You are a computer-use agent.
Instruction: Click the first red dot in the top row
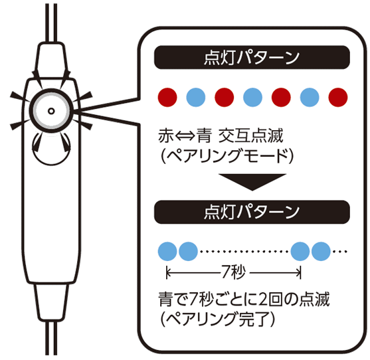(x=167, y=97)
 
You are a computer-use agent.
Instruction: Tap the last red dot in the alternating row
(x=338, y=97)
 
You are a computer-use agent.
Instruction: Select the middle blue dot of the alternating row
(x=252, y=97)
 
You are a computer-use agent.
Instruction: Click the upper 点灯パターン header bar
(x=252, y=57)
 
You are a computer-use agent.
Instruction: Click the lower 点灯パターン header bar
(x=252, y=212)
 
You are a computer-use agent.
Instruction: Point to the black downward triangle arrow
(x=252, y=182)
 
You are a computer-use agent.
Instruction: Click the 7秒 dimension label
(x=233, y=272)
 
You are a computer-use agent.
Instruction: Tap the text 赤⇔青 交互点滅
(x=221, y=136)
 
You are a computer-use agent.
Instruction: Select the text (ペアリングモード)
(x=227, y=156)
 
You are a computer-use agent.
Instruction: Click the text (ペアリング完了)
(x=218, y=319)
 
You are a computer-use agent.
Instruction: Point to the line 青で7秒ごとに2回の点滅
(x=244, y=299)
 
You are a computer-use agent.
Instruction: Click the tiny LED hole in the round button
(x=51, y=111)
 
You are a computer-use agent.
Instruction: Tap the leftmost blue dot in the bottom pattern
(x=167, y=251)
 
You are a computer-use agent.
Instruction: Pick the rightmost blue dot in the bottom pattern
(x=321, y=251)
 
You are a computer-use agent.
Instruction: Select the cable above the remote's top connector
(x=51, y=23)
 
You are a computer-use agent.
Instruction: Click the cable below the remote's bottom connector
(x=51, y=337)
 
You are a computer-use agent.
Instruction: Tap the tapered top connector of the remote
(x=51, y=60)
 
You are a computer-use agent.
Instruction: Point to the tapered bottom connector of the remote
(x=51, y=302)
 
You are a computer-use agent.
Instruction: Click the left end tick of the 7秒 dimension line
(x=167, y=273)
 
